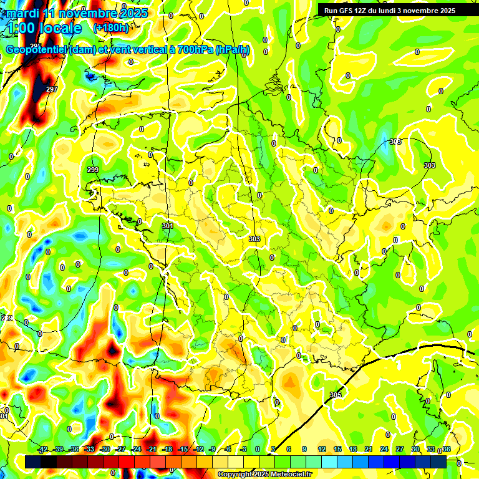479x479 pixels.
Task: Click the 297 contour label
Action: [x=52, y=90]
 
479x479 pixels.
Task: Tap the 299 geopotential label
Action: [x=93, y=170]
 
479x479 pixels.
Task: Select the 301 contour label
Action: [x=167, y=226]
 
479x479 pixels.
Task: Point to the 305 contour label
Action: [x=336, y=395]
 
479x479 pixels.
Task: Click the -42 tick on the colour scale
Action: [x=43, y=449]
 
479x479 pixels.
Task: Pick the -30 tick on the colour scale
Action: [x=105, y=449]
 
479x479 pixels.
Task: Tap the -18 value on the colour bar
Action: [x=167, y=449]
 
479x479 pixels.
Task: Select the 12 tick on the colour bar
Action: [x=322, y=449]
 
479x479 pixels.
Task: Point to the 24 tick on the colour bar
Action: [x=384, y=449]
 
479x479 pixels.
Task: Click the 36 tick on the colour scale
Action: [x=446, y=449]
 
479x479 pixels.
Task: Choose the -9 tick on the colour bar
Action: [x=213, y=449]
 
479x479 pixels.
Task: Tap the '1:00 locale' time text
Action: [x=44, y=29]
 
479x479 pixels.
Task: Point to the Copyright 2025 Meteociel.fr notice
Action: [x=264, y=474]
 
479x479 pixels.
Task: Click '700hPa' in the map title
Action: [x=193, y=50]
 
